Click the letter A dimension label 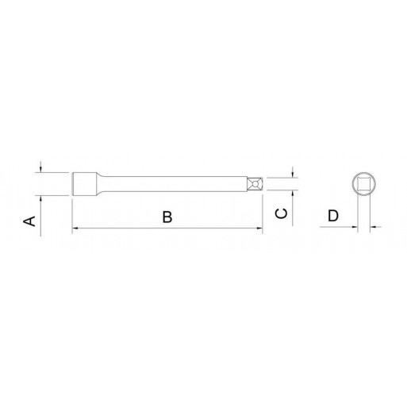[29, 221]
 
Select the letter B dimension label [167, 217]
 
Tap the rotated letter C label [281, 213]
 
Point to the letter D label [333, 216]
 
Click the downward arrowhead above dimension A [40, 169]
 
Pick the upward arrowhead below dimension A [40, 199]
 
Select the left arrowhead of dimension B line [75, 228]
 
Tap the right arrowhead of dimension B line [259, 228]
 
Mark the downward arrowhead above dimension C [292, 175]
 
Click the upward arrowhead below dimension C [292, 193]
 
